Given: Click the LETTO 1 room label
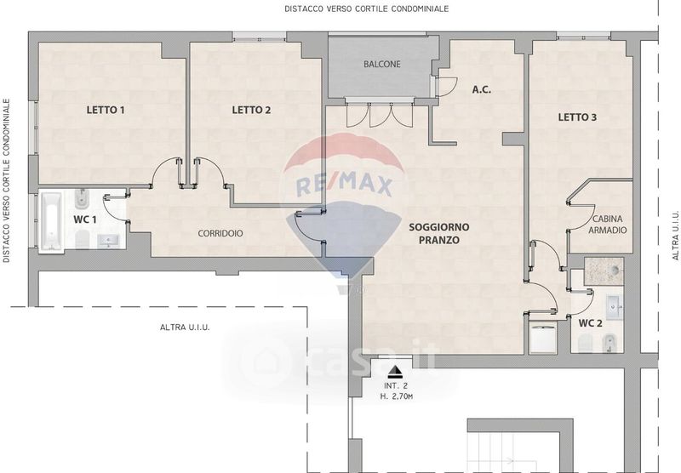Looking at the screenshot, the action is click(106, 110).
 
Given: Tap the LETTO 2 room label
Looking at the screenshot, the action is click(251, 110).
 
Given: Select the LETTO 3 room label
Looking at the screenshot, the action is click(577, 117).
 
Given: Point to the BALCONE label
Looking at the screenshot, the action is click(382, 64).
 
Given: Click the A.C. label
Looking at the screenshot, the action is click(482, 90).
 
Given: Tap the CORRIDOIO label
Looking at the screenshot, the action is click(220, 233).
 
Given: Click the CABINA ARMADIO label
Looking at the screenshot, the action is click(608, 225).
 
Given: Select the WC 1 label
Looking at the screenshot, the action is click(84, 219).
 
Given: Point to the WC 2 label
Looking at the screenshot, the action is click(590, 323).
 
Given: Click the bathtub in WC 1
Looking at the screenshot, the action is click(51, 221).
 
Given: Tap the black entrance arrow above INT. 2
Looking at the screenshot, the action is click(395, 371).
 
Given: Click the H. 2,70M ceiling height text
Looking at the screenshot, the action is click(396, 396).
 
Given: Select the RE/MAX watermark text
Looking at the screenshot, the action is click(344, 185).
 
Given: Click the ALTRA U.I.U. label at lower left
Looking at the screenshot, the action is click(185, 328).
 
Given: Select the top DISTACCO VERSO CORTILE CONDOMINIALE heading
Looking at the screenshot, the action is click(367, 9).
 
